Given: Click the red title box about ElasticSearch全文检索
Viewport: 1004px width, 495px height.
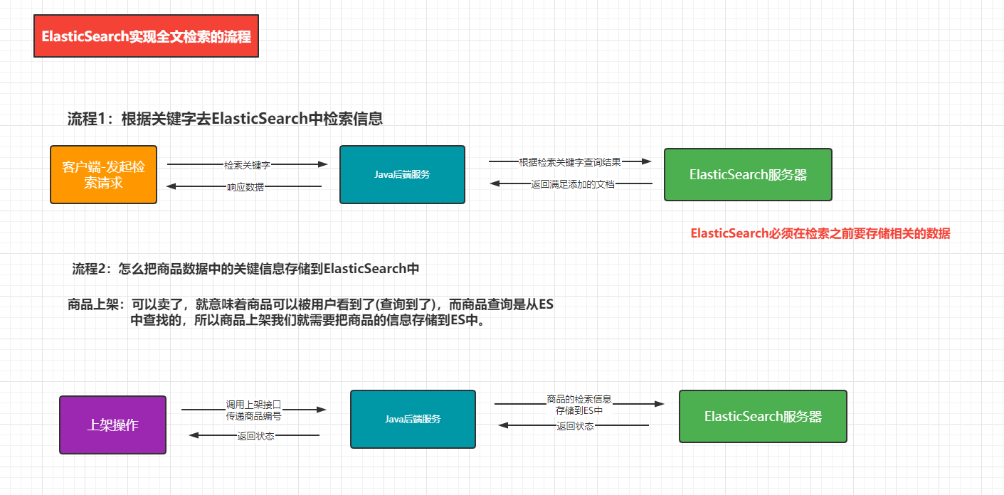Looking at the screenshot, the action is coord(146,36).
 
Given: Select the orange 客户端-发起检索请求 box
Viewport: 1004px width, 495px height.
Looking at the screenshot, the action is coord(104,174).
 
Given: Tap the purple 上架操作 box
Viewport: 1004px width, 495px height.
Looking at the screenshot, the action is coord(113,425).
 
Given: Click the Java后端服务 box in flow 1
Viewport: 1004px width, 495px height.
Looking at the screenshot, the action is coord(402,174).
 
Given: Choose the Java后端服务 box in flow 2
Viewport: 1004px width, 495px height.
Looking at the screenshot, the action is coord(413,419).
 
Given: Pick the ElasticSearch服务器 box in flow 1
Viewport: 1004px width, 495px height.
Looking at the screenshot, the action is coord(748,174).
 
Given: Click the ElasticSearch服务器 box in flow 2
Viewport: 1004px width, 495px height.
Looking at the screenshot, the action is coord(763,416).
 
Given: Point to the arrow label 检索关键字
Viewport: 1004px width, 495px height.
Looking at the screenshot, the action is coord(247,165).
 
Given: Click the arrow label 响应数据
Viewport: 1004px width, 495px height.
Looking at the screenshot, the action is coord(245,187).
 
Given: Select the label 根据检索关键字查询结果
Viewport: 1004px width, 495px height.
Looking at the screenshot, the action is coord(570,162).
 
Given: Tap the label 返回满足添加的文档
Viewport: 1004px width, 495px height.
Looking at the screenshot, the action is coord(572,184).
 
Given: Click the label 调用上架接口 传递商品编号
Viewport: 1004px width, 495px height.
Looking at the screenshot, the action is coord(254,410).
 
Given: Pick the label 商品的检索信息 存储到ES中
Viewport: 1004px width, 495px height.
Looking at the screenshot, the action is coord(579,405).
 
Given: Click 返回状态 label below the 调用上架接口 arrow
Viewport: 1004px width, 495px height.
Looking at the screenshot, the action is coord(255,436).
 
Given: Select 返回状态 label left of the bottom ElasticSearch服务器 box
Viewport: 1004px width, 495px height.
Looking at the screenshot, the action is coord(575,426).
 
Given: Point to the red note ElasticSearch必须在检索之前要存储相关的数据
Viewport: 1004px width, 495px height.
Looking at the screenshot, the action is coord(820,233).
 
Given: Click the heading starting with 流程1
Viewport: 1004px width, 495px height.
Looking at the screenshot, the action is coord(225,119).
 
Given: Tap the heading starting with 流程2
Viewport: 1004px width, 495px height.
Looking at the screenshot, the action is coord(245,269).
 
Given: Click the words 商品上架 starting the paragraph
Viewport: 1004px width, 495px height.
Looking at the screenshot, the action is coord(93,304).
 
